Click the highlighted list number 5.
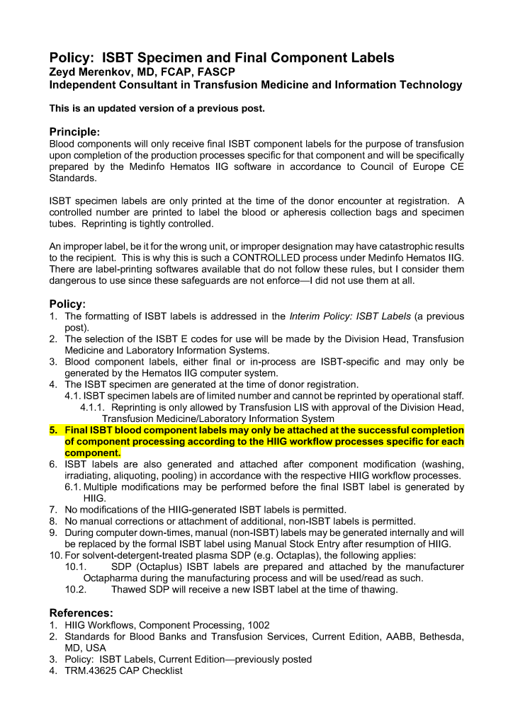pyautogui.click(x=53, y=430)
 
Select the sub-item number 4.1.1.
pyautogui.click(x=93, y=407)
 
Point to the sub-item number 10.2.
pyautogui.click(x=76, y=589)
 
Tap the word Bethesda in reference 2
pyautogui.click(x=441, y=636)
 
